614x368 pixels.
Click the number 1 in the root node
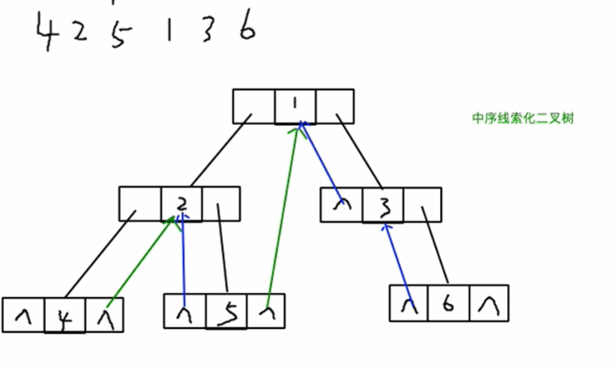click(x=294, y=106)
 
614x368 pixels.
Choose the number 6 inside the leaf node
click(x=447, y=303)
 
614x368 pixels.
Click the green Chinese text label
click(x=523, y=119)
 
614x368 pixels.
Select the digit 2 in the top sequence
click(x=79, y=34)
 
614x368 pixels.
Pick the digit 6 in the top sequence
click(x=247, y=29)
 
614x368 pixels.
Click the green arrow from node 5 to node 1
click(x=283, y=213)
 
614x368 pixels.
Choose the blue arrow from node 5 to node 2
click(x=183, y=262)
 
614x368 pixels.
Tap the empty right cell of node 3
click(x=422, y=204)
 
